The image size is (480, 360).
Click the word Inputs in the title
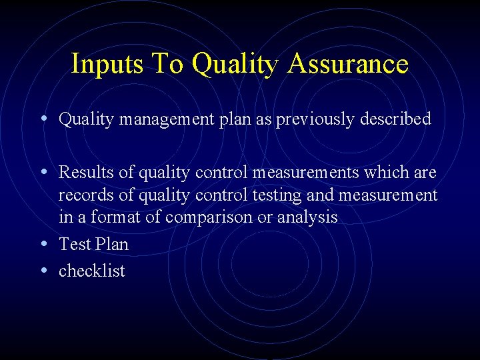pyautogui.click(x=107, y=64)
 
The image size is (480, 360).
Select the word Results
pyautogui.click(x=87, y=173)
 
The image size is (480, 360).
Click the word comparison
pyautogui.click(x=210, y=218)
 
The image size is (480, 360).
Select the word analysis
pyautogui.click(x=309, y=218)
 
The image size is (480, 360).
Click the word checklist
pyautogui.click(x=92, y=271)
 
